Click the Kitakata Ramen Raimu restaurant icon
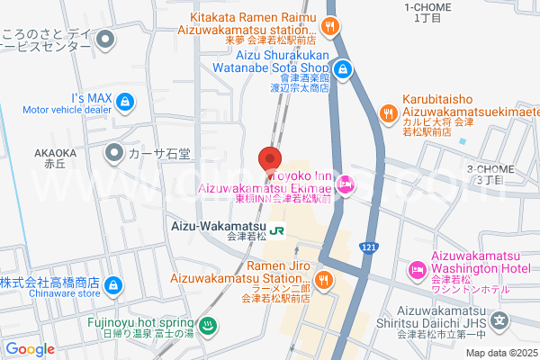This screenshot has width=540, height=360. (x=331, y=25)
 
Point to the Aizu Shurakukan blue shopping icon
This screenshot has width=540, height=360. (x=343, y=67)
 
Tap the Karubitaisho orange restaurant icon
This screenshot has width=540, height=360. (x=388, y=113)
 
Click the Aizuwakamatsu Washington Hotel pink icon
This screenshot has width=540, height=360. (x=418, y=269)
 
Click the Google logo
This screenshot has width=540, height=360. (x=30, y=349)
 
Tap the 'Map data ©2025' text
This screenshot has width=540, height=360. (x=500, y=352)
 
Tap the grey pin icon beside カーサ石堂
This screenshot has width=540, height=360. (x=115, y=153)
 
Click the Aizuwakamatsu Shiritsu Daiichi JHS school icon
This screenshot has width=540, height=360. (x=501, y=320)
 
